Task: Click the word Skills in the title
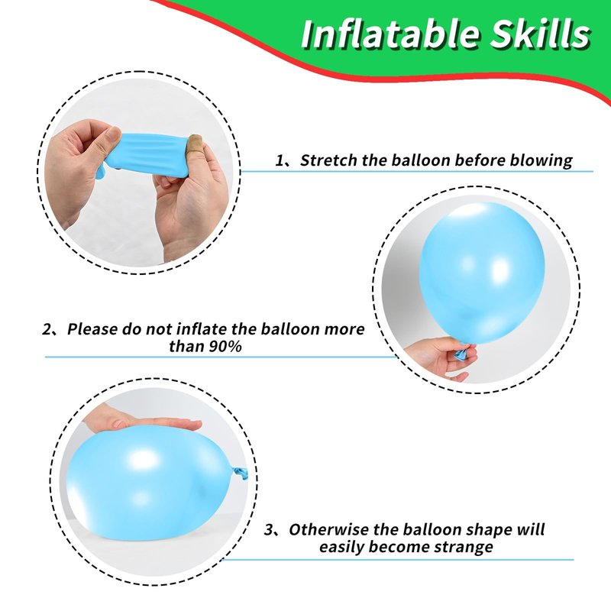[540, 34]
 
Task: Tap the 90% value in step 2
[225, 346]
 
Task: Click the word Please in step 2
[92, 329]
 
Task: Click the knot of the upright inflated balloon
[463, 351]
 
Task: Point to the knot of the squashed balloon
[240, 474]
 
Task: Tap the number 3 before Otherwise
[269, 530]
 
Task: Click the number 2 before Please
[47, 330]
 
